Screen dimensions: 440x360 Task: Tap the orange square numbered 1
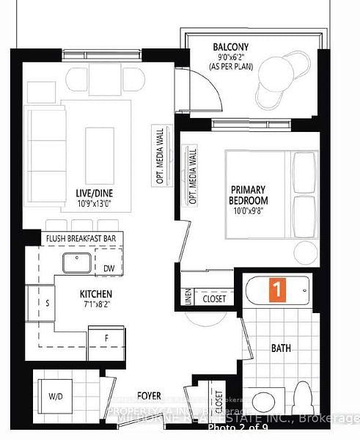pos(277,289)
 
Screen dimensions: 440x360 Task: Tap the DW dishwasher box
pos(109,269)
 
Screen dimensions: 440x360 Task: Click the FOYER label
pos(150,397)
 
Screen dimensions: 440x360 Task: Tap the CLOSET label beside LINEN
pos(214,299)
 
